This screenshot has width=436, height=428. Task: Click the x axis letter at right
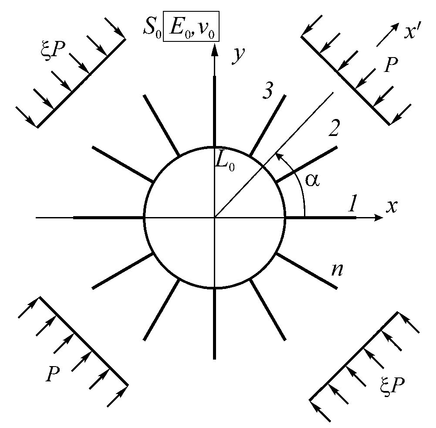coord(392,206)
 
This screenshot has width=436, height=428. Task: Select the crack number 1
coord(352,203)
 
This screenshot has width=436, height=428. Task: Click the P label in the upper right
coord(391,66)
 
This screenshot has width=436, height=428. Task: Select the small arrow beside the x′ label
coord(387,34)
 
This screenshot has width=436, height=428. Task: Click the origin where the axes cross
coord(214,217)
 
